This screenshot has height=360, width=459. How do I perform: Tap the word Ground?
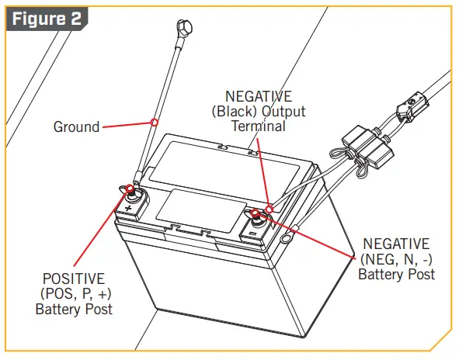pos(76,126)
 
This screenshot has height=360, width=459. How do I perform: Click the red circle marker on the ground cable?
pos(155,122)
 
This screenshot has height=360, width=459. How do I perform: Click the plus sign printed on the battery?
pos(127,209)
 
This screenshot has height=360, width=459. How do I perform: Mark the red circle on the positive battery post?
pos(130,189)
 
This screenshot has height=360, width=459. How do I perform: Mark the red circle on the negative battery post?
pos(256,213)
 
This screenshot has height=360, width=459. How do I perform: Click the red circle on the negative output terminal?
pos(269,208)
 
